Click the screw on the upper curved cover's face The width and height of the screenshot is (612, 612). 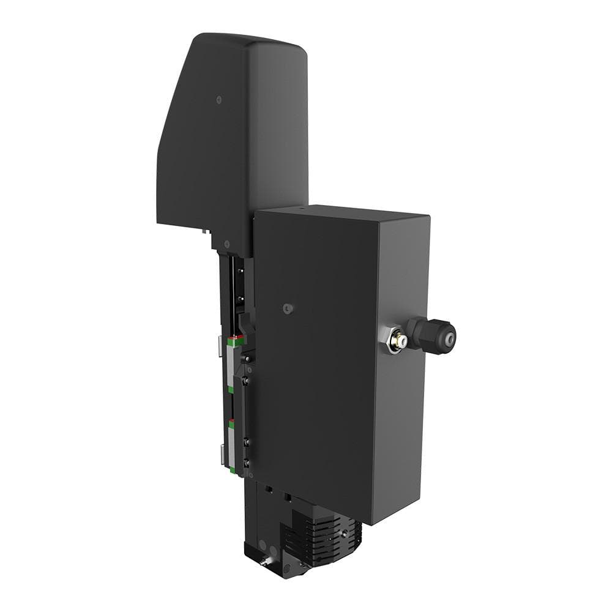[219, 99]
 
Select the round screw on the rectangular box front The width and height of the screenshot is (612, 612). [288, 309]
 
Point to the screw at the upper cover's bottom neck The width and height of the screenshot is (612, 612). [226, 244]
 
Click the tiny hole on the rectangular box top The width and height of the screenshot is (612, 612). [300, 209]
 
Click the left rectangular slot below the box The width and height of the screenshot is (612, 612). [269, 490]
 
